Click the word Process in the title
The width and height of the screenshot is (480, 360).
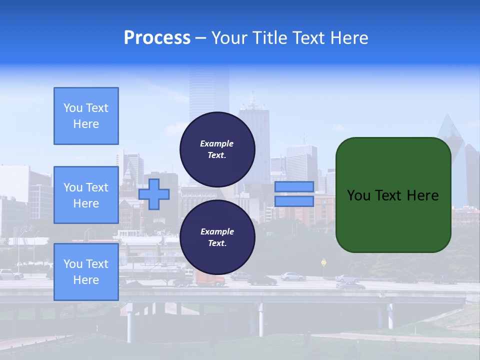click(x=157, y=38)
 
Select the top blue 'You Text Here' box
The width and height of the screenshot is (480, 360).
click(x=86, y=116)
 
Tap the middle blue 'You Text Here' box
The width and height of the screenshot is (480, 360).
click(x=86, y=195)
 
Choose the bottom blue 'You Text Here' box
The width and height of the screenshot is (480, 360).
click(x=86, y=271)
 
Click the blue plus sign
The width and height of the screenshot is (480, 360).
click(x=154, y=194)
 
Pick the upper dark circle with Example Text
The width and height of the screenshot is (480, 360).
click(x=217, y=149)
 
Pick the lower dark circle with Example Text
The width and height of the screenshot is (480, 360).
click(x=217, y=237)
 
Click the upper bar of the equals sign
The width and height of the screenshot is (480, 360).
click(x=294, y=186)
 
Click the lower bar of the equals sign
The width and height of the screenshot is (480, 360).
click(x=294, y=201)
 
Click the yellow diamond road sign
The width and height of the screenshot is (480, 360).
click(x=324, y=261)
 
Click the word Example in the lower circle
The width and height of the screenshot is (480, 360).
click(x=217, y=231)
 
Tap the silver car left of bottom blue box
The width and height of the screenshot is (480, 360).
click(x=10, y=274)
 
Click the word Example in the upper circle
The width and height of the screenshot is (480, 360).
click(x=217, y=143)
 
